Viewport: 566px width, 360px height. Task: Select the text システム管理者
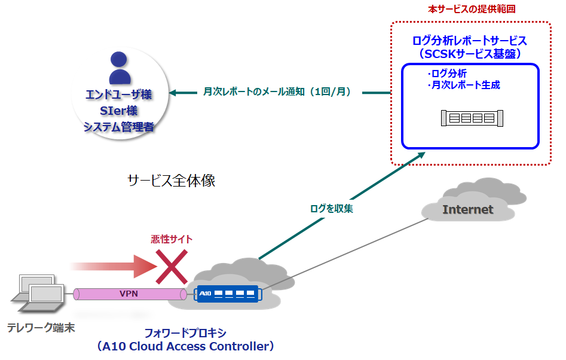120,126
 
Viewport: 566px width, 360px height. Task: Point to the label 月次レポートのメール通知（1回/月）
276,92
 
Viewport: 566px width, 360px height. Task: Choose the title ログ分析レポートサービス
470,41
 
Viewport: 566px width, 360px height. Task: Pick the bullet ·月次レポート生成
464,86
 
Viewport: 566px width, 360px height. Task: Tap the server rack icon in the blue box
472,118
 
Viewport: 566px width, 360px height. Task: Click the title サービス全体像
171,181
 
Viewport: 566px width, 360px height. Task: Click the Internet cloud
468,207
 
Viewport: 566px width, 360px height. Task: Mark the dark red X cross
172,267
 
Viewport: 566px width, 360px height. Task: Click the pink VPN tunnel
129,294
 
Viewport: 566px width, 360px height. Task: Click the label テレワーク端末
41,328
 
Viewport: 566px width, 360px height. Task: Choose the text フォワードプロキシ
185,333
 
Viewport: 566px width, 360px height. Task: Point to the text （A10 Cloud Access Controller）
185,346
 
